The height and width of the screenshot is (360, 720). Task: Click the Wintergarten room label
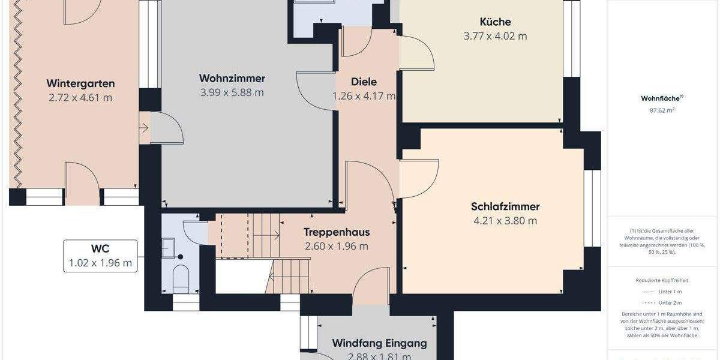click(x=80, y=83)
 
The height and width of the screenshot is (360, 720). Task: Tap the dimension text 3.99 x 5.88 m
click(x=232, y=92)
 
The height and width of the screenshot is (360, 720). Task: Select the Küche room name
click(x=495, y=22)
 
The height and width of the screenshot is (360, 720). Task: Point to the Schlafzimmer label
click(x=505, y=206)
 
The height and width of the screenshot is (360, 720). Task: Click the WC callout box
click(x=100, y=256)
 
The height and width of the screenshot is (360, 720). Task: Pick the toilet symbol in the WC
click(x=180, y=278)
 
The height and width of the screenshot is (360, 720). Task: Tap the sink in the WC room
click(x=169, y=247)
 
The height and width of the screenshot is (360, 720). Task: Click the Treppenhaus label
click(x=336, y=232)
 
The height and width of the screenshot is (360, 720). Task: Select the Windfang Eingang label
click(x=379, y=344)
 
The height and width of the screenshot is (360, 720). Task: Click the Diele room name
click(x=364, y=82)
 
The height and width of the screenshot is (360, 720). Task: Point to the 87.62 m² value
click(x=662, y=110)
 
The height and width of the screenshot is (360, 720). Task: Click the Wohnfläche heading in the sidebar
click(x=662, y=98)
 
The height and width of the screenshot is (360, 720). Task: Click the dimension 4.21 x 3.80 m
click(x=505, y=220)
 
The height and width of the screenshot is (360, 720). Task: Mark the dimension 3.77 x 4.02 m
click(x=495, y=36)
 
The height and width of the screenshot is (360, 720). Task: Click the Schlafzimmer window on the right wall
click(x=592, y=208)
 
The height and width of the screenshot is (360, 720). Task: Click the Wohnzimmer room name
click(x=232, y=79)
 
